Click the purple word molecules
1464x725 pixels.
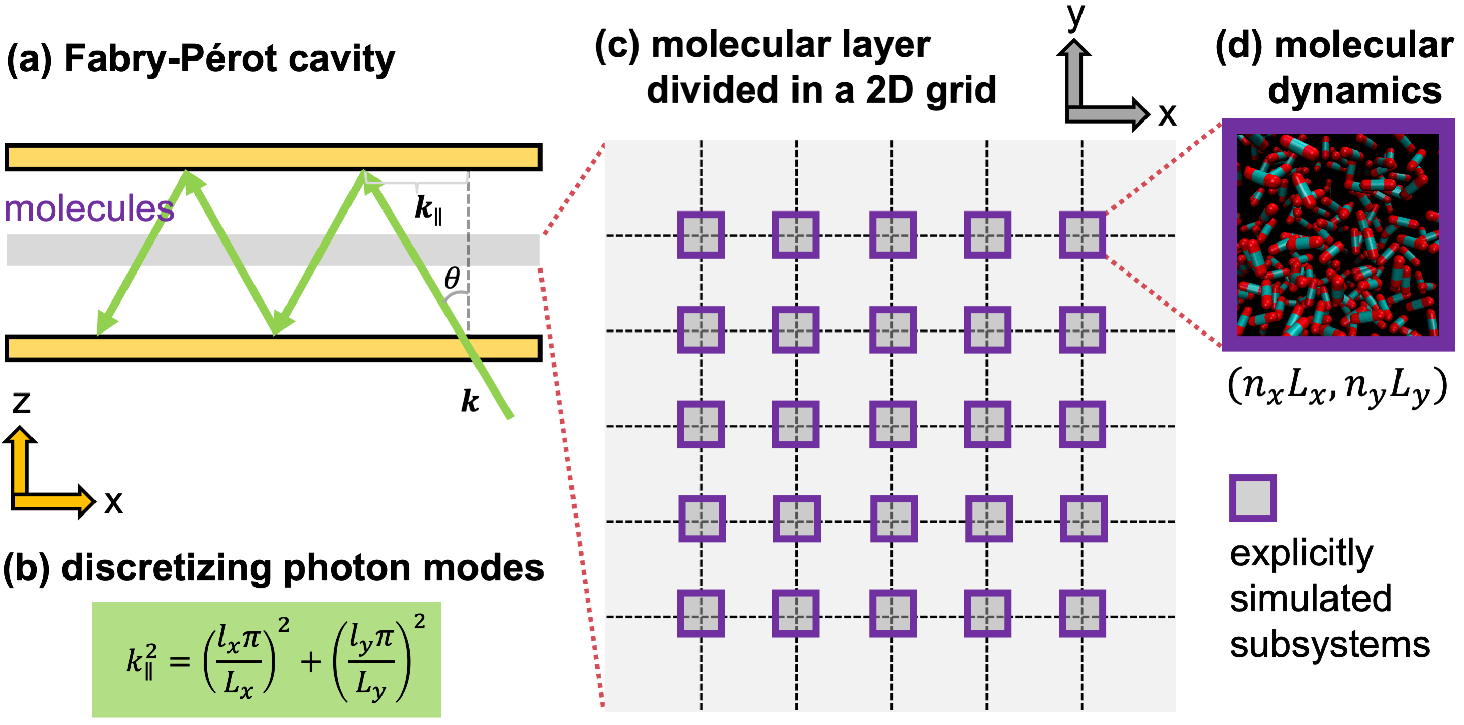click(89, 208)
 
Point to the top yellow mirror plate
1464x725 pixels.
click(273, 158)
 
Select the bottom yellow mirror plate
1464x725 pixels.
click(273, 348)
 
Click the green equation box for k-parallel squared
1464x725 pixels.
click(267, 659)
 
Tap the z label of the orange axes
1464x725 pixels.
click(22, 403)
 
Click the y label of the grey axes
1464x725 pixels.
click(1076, 16)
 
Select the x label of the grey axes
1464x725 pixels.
click(1167, 114)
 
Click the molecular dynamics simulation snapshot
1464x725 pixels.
click(1338, 235)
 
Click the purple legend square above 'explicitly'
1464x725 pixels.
click(1253, 498)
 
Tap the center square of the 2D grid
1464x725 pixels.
click(892, 425)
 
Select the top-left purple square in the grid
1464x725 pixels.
click(701, 235)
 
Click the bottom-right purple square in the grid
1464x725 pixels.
click(1082, 614)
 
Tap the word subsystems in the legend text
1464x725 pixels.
click(1330, 645)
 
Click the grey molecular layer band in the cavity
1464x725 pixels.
click(273, 250)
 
